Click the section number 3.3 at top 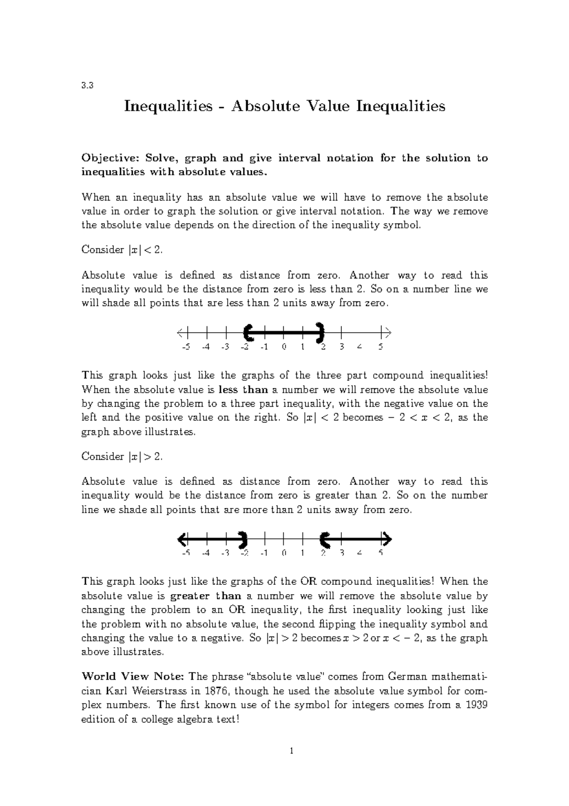(87, 86)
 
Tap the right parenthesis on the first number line (321, 332)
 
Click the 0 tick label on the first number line (284, 347)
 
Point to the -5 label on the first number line (185, 347)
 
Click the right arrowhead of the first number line (387, 332)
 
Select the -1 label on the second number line (264, 553)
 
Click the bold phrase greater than (205, 596)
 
